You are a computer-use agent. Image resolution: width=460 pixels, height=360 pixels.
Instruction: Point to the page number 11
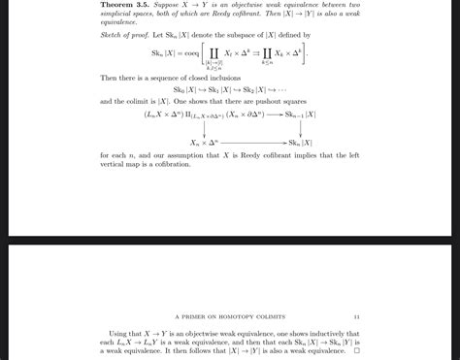pyautogui.click(x=357, y=315)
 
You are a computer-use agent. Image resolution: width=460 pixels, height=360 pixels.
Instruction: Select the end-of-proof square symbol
pyautogui.click(x=357, y=350)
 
